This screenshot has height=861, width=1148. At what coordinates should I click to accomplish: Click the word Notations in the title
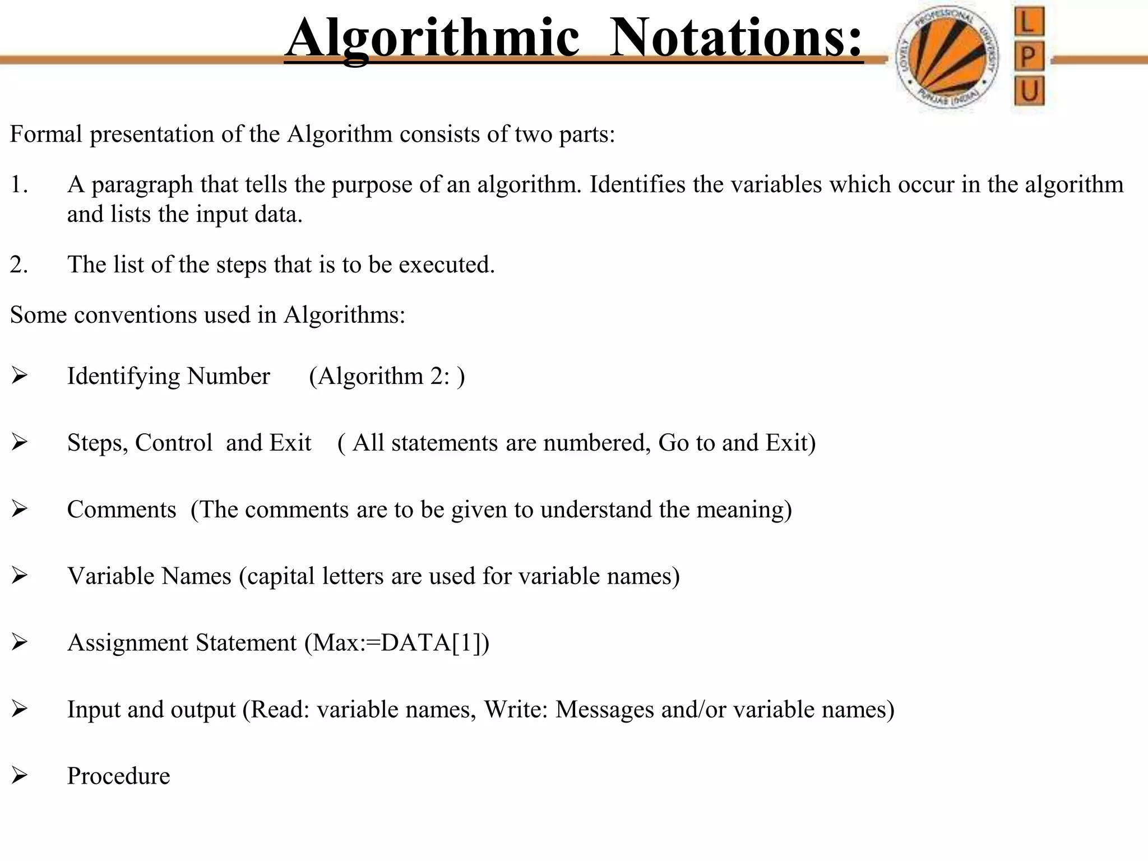(735, 38)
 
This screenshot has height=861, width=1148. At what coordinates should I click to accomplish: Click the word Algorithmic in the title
(432, 38)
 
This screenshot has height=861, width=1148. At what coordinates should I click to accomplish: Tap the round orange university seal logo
(946, 58)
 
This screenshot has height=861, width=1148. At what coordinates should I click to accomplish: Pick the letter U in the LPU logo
(1029, 91)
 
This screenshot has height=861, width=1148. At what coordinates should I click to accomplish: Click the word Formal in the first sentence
(46, 135)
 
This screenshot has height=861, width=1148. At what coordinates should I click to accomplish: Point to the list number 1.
(18, 185)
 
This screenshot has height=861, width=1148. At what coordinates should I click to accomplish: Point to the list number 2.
(18, 265)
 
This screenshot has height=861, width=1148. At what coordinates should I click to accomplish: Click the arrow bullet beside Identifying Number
(19, 376)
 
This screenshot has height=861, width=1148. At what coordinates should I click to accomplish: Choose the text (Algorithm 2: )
(387, 376)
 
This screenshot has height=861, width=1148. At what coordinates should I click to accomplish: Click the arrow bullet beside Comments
(19, 509)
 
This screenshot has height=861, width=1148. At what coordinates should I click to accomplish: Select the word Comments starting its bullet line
(122, 510)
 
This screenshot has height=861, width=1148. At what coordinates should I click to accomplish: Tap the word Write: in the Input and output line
(516, 710)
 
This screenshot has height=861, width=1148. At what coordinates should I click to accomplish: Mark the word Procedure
(118, 776)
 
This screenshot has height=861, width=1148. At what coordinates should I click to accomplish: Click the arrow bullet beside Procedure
(19, 776)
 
